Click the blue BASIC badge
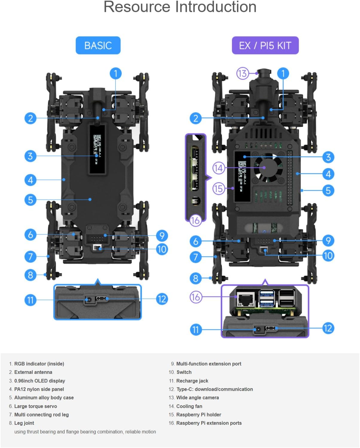(98, 45)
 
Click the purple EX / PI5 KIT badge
(265, 45)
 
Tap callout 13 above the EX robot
(242, 73)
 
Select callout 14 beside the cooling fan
(219, 168)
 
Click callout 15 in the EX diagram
(219, 189)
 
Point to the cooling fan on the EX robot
(268, 168)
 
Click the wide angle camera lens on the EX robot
(264, 73)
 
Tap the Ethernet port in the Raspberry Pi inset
(245, 298)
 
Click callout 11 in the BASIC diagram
(30, 300)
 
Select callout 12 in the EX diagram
(328, 328)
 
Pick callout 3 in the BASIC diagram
(30, 156)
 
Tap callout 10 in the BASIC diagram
(162, 249)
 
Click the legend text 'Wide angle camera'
(197, 397)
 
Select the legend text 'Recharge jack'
(192, 381)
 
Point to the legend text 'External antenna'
(33, 372)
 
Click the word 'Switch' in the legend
(184, 372)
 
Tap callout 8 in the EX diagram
(196, 278)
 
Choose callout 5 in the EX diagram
(328, 190)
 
